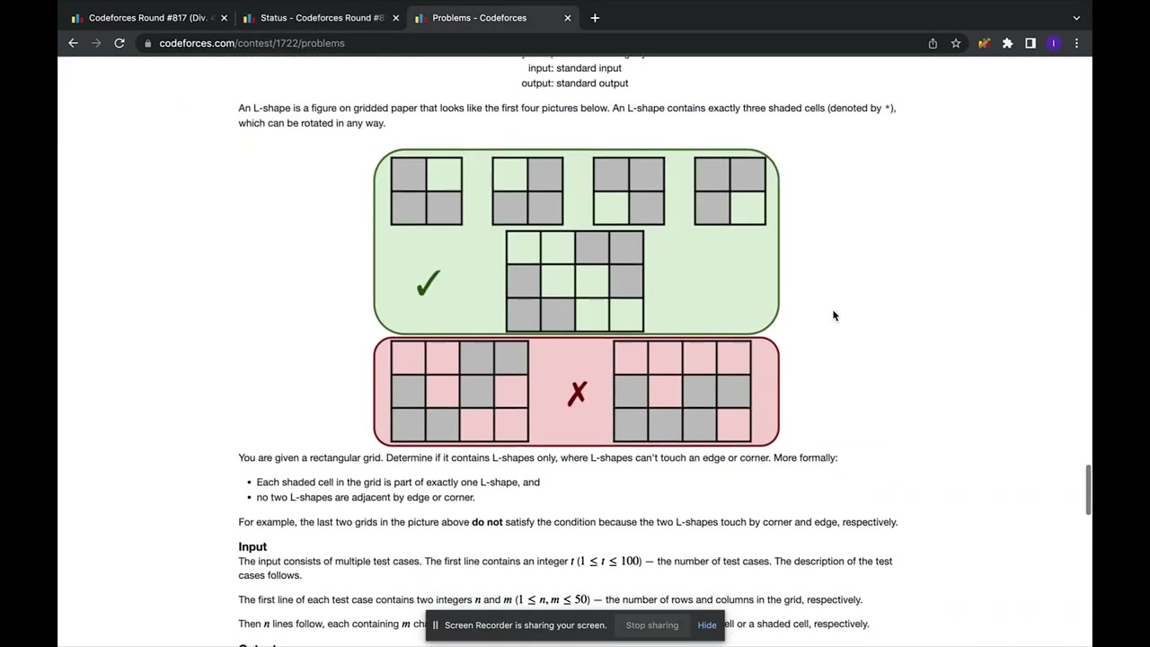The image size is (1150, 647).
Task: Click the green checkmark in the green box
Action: tap(428, 284)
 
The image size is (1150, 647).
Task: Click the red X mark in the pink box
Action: tap(577, 393)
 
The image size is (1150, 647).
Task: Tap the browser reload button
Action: tap(119, 43)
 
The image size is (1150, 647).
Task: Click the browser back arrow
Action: tap(74, 43)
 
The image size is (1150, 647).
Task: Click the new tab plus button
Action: tap(595, 18)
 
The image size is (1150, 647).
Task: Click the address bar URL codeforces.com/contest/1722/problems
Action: tap(252, 43)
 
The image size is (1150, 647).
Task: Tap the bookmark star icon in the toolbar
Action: tap(956, 43)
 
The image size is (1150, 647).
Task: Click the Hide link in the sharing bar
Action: tap(707, 625)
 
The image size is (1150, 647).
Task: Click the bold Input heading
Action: tap(252, 546)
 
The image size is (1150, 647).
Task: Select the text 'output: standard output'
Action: tap(575, 84)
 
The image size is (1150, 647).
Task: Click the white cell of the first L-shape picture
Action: tap(444, 174)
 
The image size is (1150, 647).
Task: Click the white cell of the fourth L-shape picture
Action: tap(747, 208)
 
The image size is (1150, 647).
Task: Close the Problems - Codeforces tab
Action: tap(567, 18)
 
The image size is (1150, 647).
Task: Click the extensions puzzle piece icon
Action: tap(1007, 43)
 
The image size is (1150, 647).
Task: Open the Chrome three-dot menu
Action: tap(1076, 43)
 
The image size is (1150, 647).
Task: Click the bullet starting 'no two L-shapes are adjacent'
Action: tap(366, 497)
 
